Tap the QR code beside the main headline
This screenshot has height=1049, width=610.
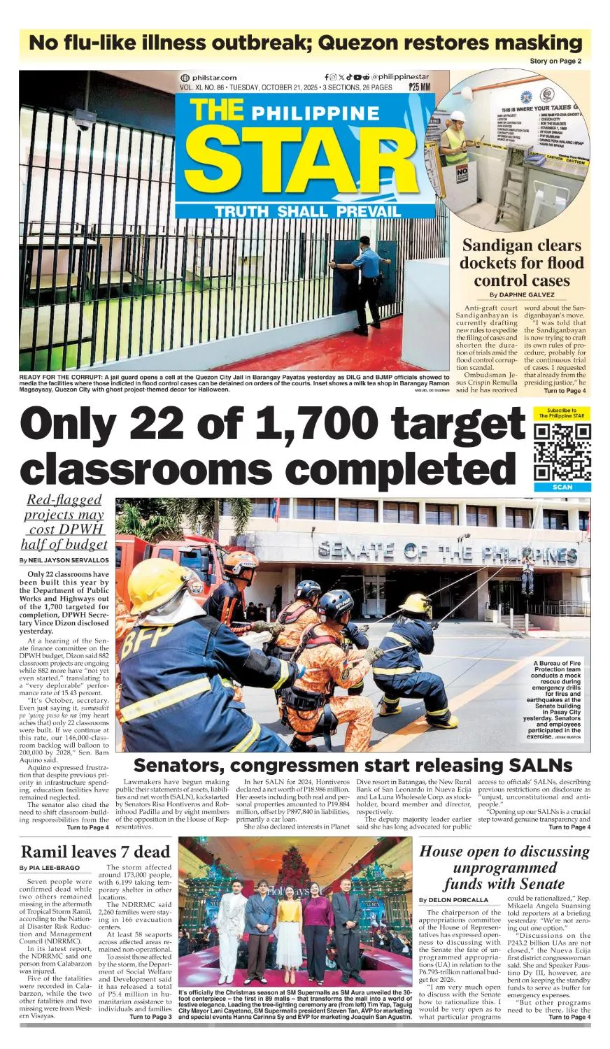tap(562, 452)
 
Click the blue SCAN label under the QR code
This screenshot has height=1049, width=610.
tap(562, 487)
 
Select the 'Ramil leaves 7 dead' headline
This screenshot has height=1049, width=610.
tap(96, 851)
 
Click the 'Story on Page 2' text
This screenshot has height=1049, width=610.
tap(555, 61)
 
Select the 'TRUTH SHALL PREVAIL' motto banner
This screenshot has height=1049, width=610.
tap(308, 211)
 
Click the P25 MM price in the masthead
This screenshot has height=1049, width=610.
tap(420, 87)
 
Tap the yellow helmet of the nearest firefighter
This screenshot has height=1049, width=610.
tap(157, 585)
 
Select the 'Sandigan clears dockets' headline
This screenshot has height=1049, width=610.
tap(521, 263)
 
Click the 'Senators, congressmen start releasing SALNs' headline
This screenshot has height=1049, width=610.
tap(353, 764)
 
